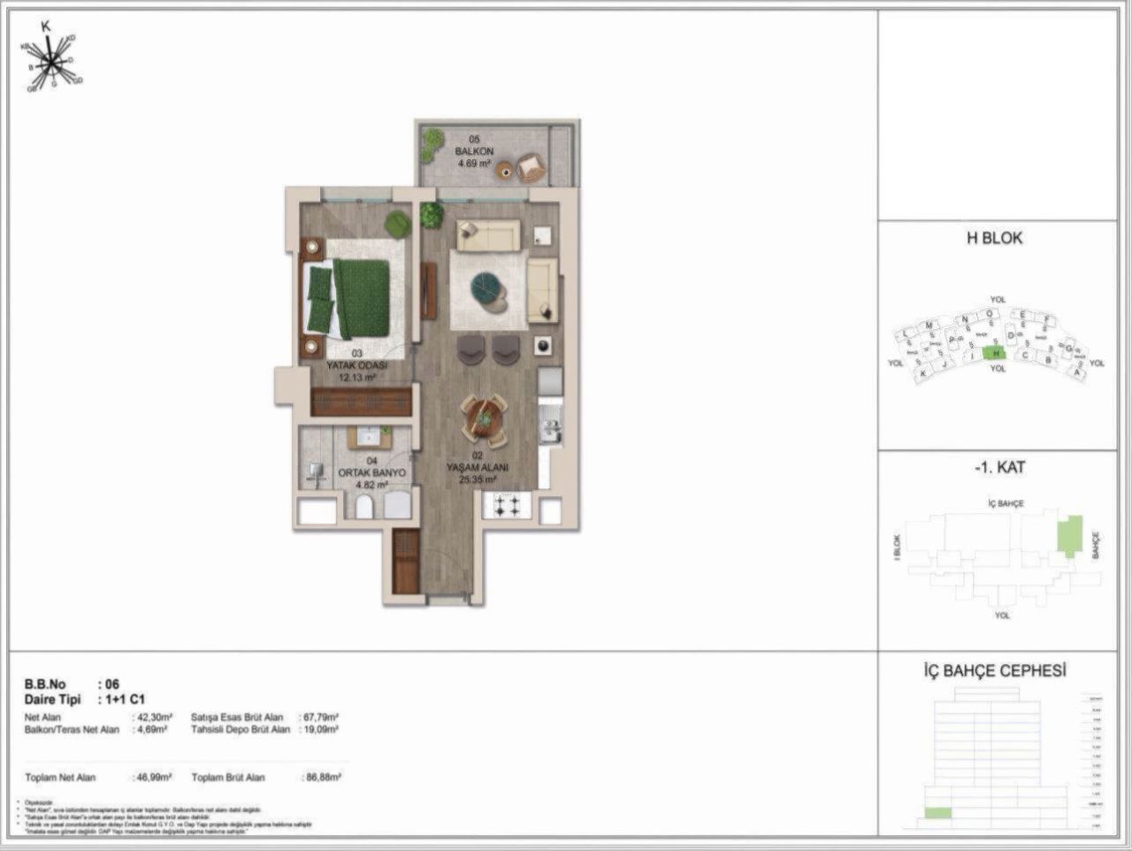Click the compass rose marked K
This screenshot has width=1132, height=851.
[x=52, y=61]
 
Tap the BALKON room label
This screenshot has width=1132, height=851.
[x=474, y=151]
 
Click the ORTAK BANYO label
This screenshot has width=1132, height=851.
[x=372, y=472]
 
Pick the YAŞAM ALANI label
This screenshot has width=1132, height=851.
[x=477, y=469]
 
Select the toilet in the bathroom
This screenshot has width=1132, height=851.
[x=363, y=506]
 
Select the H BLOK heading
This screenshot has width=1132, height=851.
[x=996, y=238]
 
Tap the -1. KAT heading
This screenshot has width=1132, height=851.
[x=998, y=468]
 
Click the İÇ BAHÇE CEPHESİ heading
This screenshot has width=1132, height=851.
[x=995, y=671]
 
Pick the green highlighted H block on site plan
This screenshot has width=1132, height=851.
[x=995, y=353]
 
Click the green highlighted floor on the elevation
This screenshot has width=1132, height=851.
[x=937, y=813]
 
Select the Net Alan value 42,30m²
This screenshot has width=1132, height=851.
[x=152, y=717]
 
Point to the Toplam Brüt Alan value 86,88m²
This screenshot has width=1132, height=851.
[x=322, y=778]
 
